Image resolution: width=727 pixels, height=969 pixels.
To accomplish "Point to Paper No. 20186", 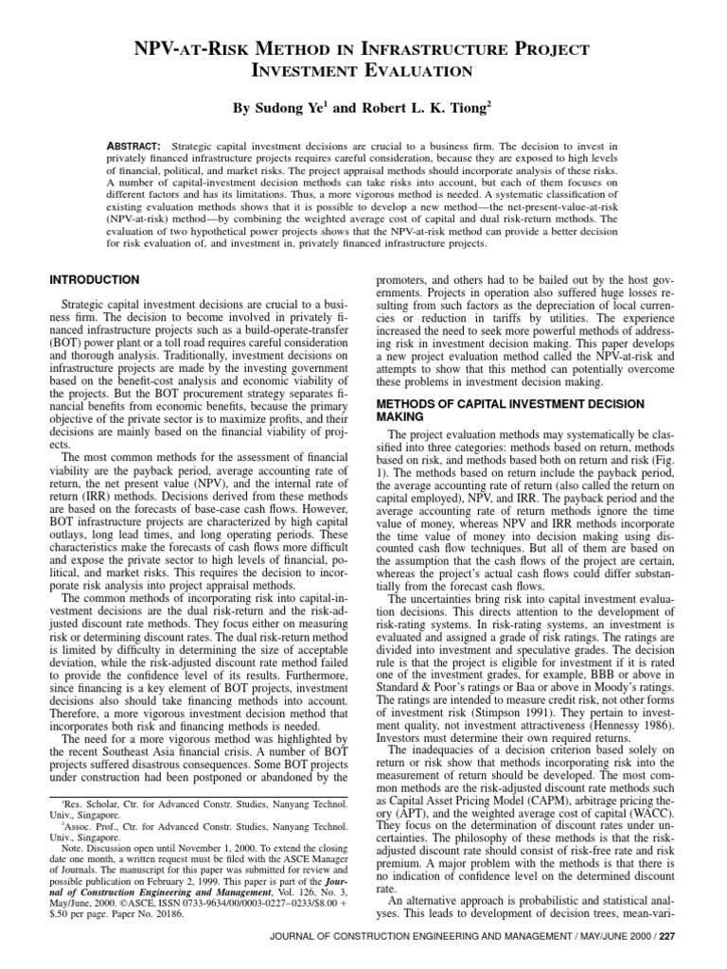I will (x=167, y=933).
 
